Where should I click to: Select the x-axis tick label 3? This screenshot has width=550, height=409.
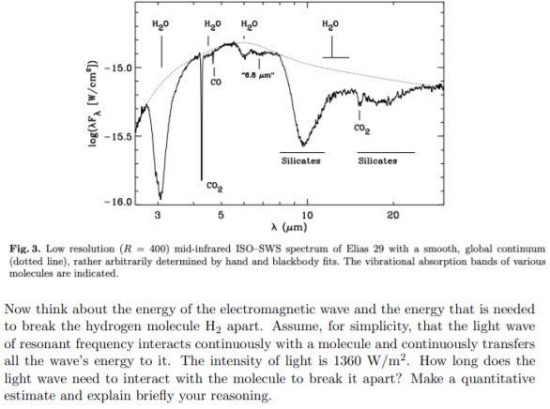click(159, 215)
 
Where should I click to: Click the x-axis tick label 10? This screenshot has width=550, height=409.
click(307, 215)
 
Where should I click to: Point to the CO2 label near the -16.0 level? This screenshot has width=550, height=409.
click(214, 188)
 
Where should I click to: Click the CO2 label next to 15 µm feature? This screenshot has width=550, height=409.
click(360, 128)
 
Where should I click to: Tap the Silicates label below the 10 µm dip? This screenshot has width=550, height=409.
click(301, 160)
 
